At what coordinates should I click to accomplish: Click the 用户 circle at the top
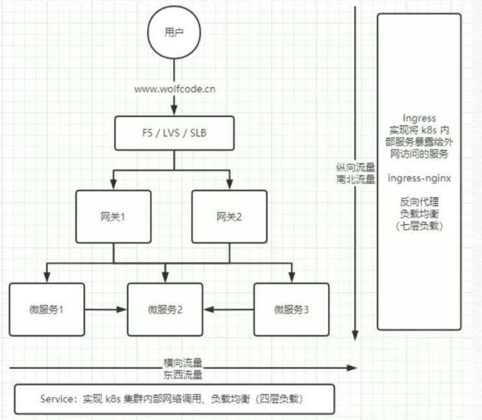point(170,32)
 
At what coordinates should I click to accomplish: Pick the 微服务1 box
point(47,309)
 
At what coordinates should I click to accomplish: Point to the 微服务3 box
point(291,309)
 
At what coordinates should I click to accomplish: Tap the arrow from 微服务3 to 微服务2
point(228,309)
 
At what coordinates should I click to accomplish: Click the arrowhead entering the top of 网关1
point(113,186)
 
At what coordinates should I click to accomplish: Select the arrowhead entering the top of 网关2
point(228,186)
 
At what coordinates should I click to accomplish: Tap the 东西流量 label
point(183,374)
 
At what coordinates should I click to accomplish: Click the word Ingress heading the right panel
point(419,118)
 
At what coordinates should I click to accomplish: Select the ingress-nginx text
point(419,177)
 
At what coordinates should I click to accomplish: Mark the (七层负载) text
point(419,226)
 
